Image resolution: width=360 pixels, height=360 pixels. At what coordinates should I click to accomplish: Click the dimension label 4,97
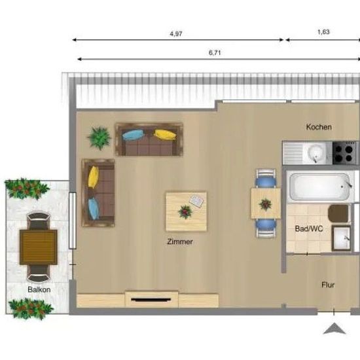[x=176, y=34]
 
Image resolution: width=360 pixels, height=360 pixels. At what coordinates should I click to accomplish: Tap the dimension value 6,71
[x=215, y=53]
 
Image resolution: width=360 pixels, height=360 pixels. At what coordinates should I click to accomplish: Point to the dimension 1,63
[x=323, y=32]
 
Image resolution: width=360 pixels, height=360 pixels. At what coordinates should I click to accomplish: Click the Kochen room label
[x=319, y=127]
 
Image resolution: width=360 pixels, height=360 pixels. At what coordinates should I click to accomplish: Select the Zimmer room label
[x=180, y=242]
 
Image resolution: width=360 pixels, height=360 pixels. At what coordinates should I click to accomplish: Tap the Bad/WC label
[x=309, y=228]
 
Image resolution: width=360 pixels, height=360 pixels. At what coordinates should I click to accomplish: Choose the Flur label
[x=328, y=285]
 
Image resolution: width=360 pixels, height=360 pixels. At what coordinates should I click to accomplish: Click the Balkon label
[x=39, y=289]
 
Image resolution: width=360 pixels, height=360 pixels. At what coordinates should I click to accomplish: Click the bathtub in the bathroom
[x=320, y=187]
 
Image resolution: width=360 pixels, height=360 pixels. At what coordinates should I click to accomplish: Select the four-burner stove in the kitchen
[x=345, y=153]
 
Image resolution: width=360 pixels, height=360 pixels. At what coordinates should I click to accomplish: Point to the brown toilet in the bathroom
[x=338, y=214]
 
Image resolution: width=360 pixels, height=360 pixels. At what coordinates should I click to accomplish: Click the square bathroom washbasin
[x=341, y=238]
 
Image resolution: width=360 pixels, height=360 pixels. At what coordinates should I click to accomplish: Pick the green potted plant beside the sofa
[x=99, y=138]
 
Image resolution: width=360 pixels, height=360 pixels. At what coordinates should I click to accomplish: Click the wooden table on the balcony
[x=39, y=247]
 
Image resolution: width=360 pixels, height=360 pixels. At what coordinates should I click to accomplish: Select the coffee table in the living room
[x=186, y=211]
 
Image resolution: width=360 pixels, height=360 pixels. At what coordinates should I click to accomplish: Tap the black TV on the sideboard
[x=151, y=300]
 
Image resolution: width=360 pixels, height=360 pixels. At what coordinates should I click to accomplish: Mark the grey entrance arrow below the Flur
[x=334, y=329]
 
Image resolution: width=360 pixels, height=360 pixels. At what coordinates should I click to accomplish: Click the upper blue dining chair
[x=266, y=178]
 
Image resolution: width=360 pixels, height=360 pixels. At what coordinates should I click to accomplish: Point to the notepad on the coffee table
[x=196, y=201]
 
